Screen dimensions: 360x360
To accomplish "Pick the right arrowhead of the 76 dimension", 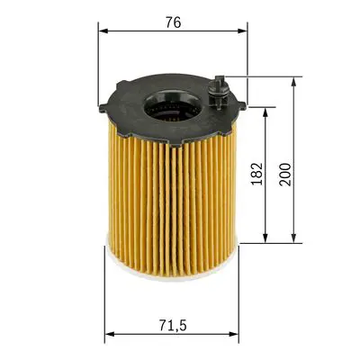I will tap(243, 31).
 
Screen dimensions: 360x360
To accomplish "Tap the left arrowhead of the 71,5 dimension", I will tap(109, 335).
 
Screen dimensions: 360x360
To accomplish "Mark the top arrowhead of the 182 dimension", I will tap(265, 112).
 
